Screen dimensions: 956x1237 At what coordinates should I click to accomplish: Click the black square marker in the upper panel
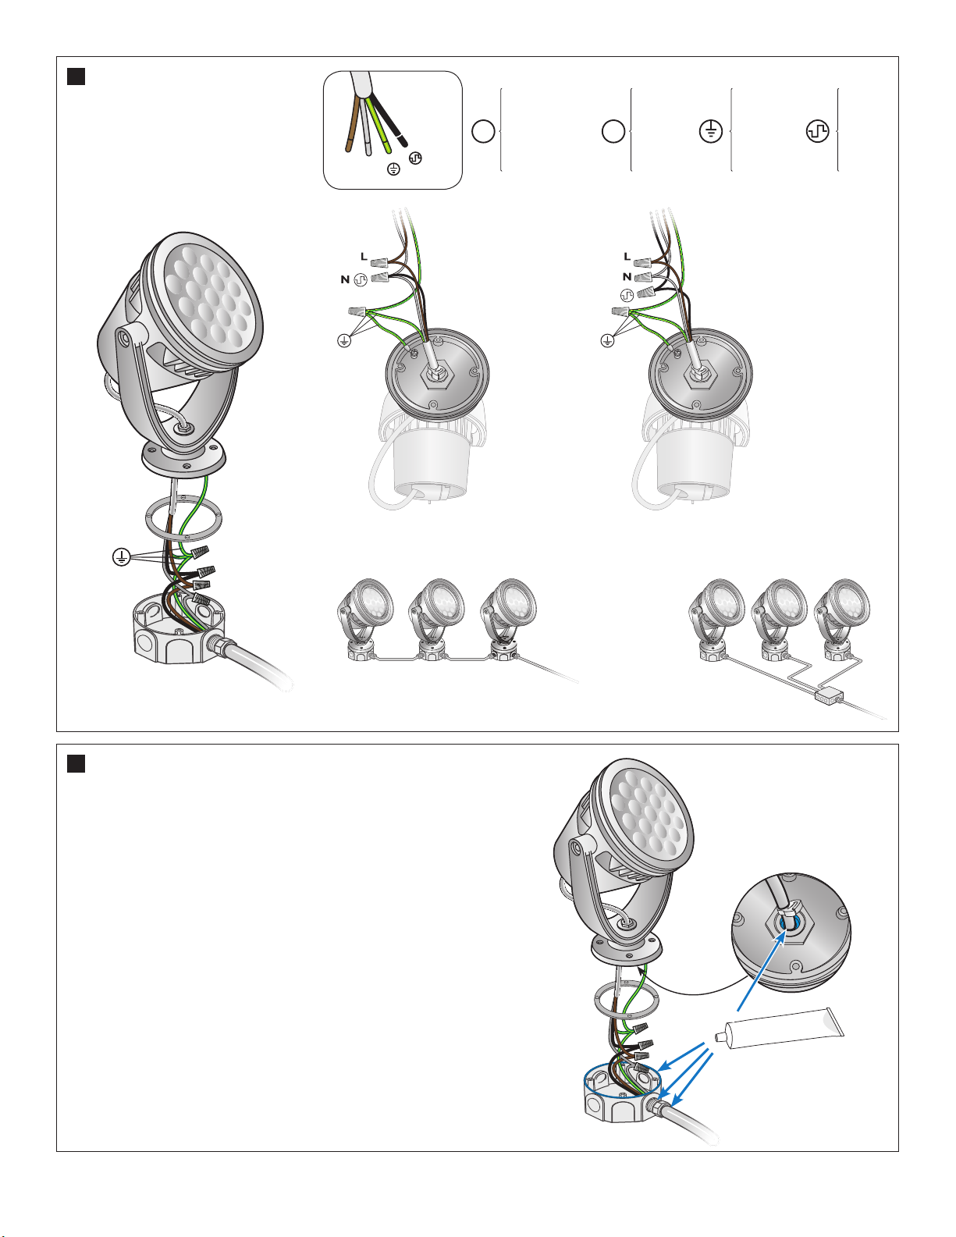pyautogui.click(x=76, y=76)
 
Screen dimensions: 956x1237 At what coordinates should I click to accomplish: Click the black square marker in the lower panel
pyautogui.click(x=76, y=763)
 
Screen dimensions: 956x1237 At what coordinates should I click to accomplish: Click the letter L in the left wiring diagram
pyautogui.click(x=364, y=257)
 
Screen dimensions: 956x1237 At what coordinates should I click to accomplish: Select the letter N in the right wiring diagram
pyautogui.click(x=627, y=276)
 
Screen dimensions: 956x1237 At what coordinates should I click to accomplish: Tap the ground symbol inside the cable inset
pyautogui.click(x=393, y=169)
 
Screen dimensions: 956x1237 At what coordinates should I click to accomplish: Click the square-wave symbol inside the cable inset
pyautogui.click(x=415, y=158)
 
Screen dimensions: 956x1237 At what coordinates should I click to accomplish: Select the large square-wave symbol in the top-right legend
pyautogui.click(x=818, y=131)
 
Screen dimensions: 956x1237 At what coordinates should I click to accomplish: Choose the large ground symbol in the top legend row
pyautogui.click(x=711, y=131)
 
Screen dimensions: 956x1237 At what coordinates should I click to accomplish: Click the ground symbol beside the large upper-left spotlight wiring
pyautogui.click(x=121, y=556)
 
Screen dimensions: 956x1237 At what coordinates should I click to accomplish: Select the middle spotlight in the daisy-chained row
pyautogui.click(x=435, y=620)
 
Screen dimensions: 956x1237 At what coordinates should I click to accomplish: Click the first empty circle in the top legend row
pyautogui.click(x=483, y=131)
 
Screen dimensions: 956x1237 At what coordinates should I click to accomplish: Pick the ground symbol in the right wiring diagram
pyautogui.click(x=608, y=341)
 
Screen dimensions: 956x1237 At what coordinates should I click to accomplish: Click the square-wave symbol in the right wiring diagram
pyautogui.click(x=627, y=296)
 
